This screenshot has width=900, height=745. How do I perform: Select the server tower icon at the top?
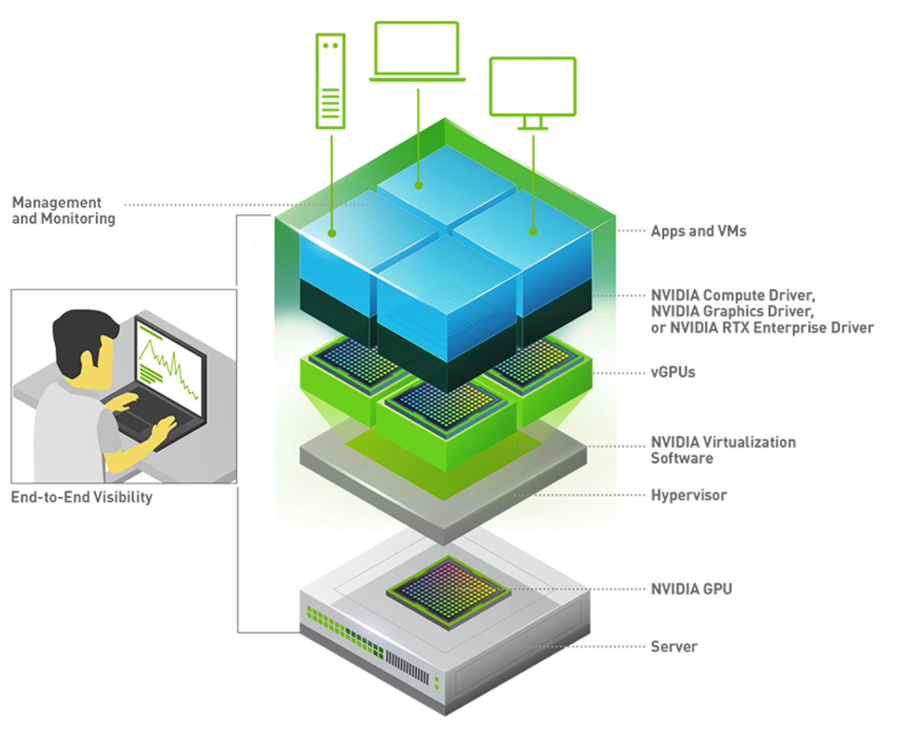pos(330,81)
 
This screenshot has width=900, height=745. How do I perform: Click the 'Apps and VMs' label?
pos(698,231)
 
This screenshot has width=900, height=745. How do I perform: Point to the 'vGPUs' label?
pos(673,372)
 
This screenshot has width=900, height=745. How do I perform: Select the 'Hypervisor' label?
pos(688,495)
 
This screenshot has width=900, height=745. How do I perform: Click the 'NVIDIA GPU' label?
pos(691,589)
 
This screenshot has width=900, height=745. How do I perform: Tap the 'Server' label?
pos(674,647)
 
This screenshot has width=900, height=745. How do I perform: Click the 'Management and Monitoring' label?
pos(63,210)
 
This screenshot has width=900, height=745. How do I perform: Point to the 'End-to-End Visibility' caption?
pos(82,497)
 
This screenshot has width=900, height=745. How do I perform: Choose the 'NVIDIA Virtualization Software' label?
pos(722,450)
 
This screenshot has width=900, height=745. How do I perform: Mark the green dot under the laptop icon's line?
pos(418,186)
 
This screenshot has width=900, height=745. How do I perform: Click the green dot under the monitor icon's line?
pos(533,232)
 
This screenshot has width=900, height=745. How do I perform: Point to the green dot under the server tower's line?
pos(332,233)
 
